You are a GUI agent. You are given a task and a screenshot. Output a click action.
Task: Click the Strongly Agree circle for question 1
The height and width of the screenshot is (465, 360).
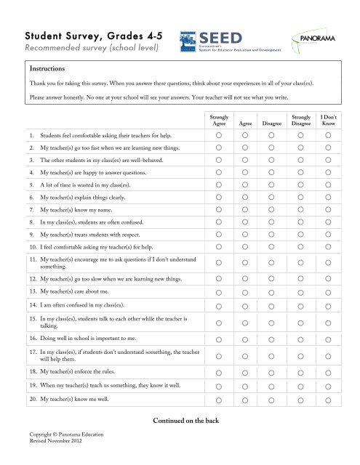[x=219, y=135]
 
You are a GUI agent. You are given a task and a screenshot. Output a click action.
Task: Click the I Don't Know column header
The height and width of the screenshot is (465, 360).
[x=329, y=119]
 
